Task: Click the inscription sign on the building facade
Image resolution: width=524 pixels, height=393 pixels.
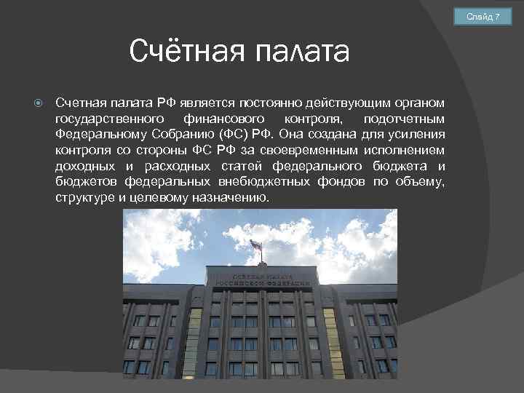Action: (263, 279)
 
